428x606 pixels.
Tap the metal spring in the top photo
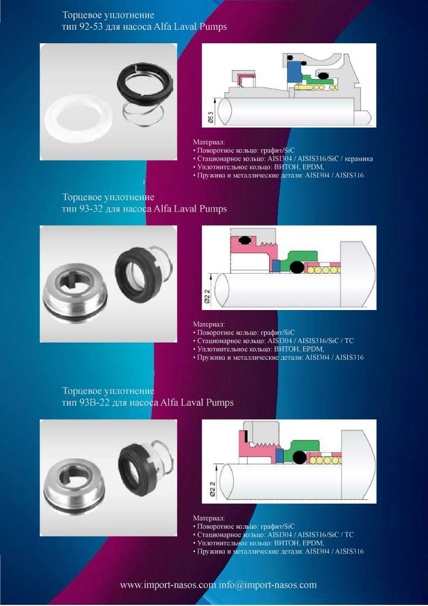[x=143, y=113]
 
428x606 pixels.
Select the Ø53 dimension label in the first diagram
[x=211, y=115]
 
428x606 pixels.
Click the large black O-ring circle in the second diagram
[x=297, y=267]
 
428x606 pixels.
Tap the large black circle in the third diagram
[x=299, y=457]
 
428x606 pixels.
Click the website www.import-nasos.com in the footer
[x=168, y=585]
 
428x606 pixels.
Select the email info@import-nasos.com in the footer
[x=268, y=585]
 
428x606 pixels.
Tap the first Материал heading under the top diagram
[x=209, y=142]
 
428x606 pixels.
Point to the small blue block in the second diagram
[x=276, y=266]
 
